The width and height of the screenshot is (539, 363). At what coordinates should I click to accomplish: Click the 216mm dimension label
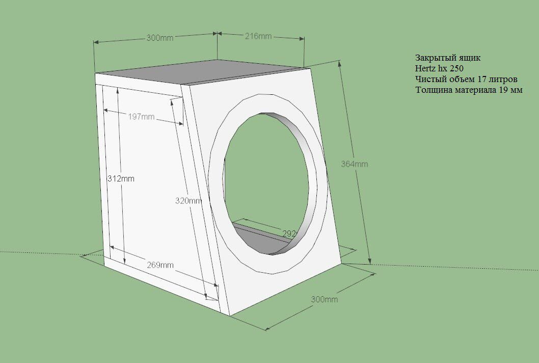258,36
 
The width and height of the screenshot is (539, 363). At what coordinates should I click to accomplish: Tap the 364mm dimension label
355,164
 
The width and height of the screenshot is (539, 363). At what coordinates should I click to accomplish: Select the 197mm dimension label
141,117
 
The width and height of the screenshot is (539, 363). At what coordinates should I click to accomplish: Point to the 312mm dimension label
121,179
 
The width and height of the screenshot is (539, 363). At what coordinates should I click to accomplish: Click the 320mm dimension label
188,201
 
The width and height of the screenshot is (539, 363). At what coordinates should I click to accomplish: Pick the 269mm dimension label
160,265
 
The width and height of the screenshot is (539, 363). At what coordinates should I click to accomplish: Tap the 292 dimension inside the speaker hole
289,234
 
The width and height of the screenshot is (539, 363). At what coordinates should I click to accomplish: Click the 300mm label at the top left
160,38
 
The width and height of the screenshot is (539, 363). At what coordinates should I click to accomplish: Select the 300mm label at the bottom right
325,299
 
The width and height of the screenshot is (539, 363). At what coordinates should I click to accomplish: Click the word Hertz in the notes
425,68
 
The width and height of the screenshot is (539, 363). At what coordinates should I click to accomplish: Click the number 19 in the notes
502,90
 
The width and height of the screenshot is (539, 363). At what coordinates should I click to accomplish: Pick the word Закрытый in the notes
434,58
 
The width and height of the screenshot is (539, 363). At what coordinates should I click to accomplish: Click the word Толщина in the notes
432,90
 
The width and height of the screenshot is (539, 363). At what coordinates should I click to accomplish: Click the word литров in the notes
503,79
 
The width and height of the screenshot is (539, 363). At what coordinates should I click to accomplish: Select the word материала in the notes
473,90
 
